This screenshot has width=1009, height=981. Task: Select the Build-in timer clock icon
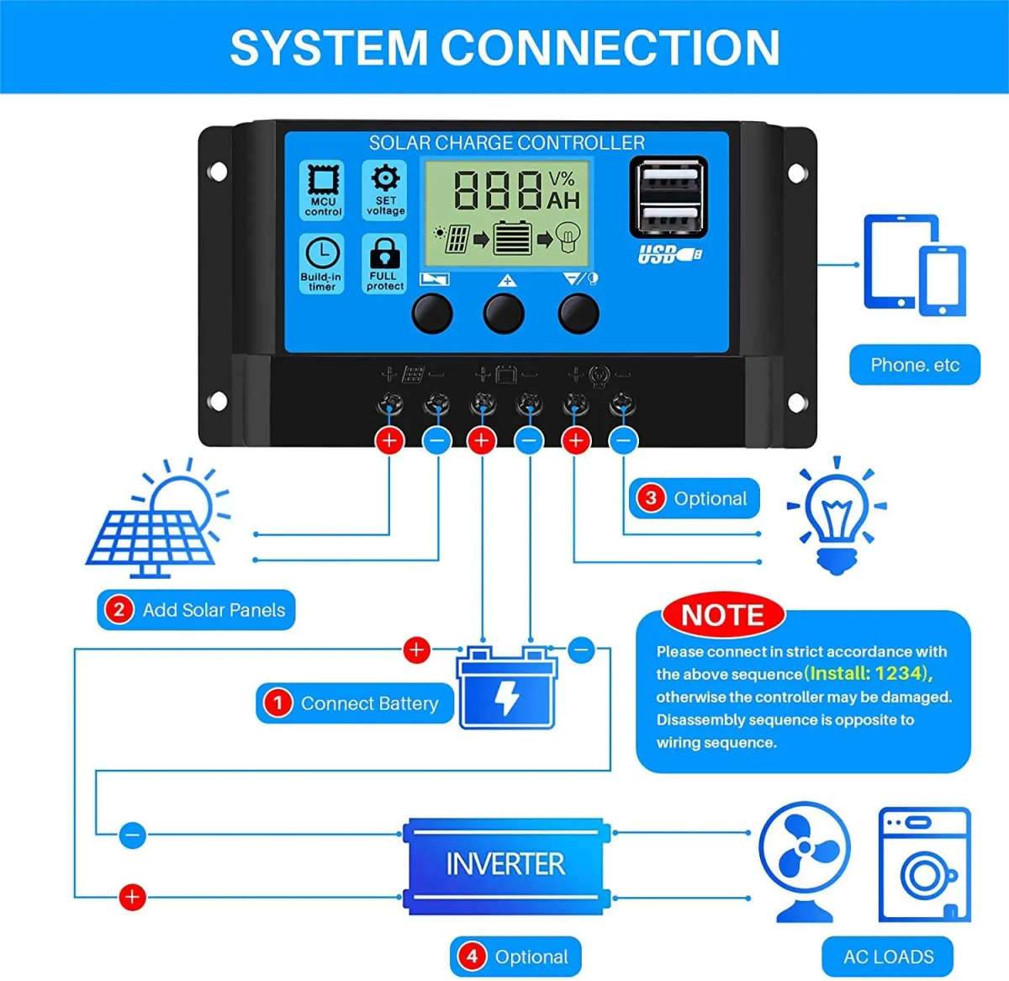tap(322, 253)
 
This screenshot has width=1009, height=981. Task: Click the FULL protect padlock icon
tap(385, 253)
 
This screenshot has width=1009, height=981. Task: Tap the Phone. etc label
tap(914, 365)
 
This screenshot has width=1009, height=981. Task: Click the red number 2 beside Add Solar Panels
tap(119, 610)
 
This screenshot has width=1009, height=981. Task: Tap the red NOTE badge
tap(722, 615)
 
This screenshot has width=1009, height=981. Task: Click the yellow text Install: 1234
tap(868, 673)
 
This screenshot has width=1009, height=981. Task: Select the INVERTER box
tap(504, 865)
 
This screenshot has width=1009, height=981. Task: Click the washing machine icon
tap(923, 865)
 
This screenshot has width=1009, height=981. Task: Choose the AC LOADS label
tap(888, 957)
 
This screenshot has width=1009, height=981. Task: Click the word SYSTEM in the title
tap(328, 47)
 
